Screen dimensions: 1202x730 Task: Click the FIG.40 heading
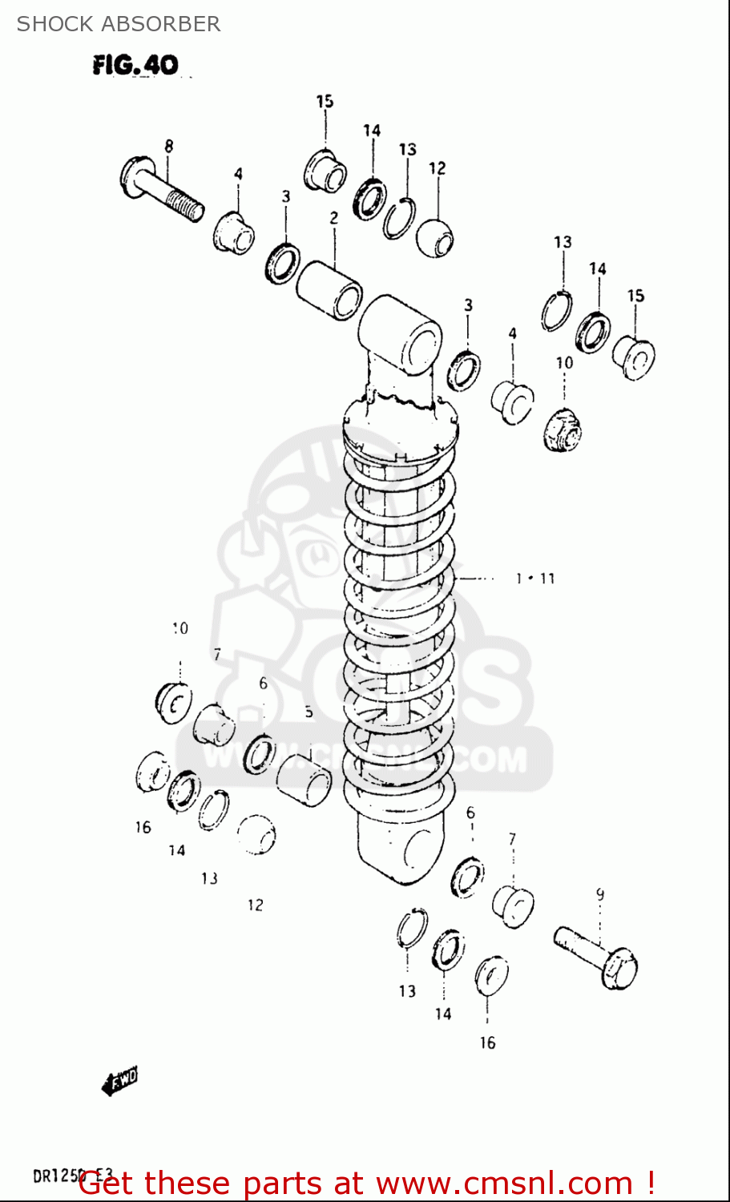pyautogui.click(x=135, y=65)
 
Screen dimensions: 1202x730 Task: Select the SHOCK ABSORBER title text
pyautogui.click(x=119, y=24)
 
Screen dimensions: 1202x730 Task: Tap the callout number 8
pyautogui.click(x=168, y=146)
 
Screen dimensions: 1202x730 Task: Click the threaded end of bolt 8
pyautogui.click(x=188, y=208)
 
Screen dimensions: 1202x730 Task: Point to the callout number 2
pyautogui.click(x=333, y=217)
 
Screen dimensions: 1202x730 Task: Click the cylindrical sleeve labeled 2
pyautogui.click(x=329, y=288)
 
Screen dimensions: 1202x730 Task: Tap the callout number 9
pyautogui.click(x=599, y=894)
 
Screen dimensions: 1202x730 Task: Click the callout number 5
pyautogui.click(x=309, y=712)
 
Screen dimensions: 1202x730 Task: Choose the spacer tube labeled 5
pyautogui.click(x=304, y=779)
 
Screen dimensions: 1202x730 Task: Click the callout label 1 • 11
pyautogui.click(x=535, y=578)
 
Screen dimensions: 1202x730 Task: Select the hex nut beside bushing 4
pyautogui.click(x=563, y=430)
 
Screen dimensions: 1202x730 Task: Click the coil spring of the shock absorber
pyautogui.click(x=399, y=625)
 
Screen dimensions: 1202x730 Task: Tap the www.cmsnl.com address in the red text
pyautogui.click(x=504, y=1183)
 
